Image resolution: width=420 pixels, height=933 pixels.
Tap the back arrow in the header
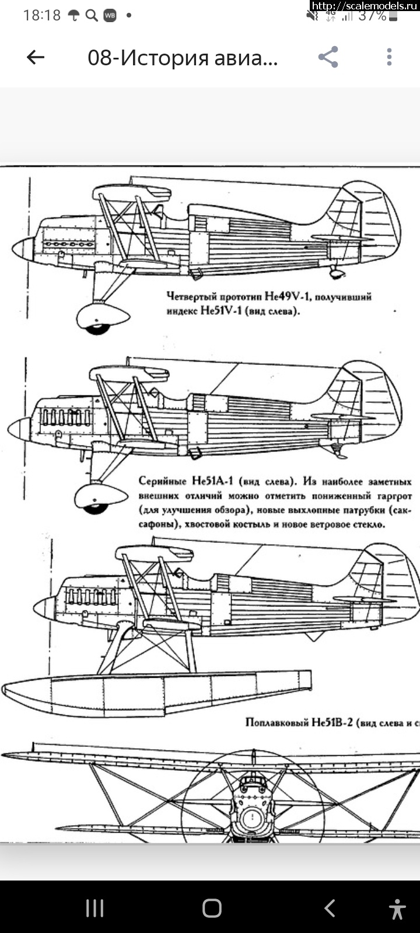click(x=36, y=57)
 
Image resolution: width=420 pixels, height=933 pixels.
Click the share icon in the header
click(x=328, y=57)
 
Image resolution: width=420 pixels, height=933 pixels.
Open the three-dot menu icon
click(x=389, y=57)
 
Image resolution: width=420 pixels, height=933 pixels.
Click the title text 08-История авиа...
click(x=183, y=58)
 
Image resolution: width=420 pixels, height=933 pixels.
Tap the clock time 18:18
click(x=41, y=16)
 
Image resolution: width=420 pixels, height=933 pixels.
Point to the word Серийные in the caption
click(x=162, y=482)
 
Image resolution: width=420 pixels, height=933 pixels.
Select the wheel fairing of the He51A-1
click(x=100, y=496)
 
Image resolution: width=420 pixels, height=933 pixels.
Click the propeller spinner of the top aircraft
click(x=23, y=248)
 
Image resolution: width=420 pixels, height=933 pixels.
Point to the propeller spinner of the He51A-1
click(x=19, y=429)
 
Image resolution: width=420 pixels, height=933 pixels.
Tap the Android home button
click(x=212, y=908)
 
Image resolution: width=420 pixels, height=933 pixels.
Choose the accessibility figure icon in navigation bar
click(x=397, y=909)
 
